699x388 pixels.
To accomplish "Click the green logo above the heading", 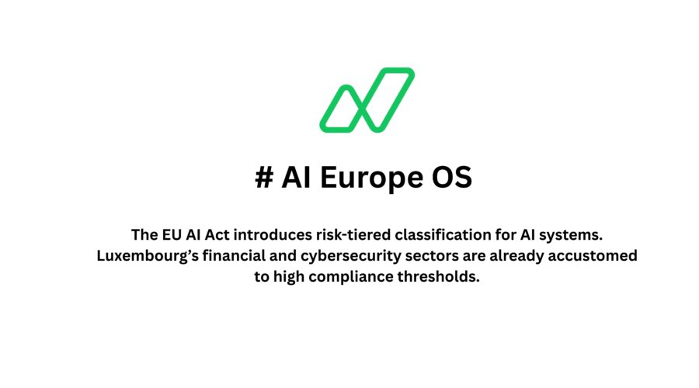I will click(367, 99).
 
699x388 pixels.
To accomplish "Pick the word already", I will click(513, 256).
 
